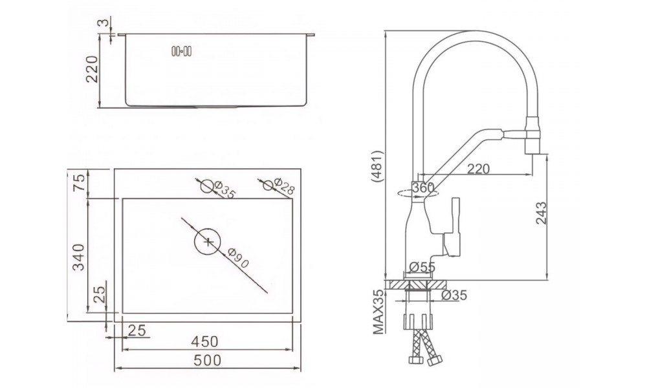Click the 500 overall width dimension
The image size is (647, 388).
[x=207, y=360]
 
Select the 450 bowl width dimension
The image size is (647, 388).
[x=204, y=342]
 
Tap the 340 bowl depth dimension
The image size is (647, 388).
[x=78, y=257]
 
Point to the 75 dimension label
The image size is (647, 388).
[x=79, y=182]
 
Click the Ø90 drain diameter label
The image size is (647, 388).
[x=237, y=258]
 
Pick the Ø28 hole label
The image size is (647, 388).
[x=284, y=186]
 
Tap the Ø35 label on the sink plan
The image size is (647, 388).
[x=225, y=189]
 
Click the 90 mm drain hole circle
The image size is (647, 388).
[x=208, y=242]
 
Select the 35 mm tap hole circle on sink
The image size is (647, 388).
[x=207, y=187]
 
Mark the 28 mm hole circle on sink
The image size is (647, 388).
[x=268, y=186]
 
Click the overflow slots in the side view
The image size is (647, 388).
[x=182, y=52]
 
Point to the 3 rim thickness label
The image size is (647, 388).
[x=105, y=22]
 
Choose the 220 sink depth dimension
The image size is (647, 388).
[x=93, y=69]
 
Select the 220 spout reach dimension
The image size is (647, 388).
[x=478, y=168]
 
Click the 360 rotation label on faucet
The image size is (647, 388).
[x=423, y=188]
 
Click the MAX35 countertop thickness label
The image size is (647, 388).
[x=378, y=311]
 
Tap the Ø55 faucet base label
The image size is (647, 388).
[x=422, y=267]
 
